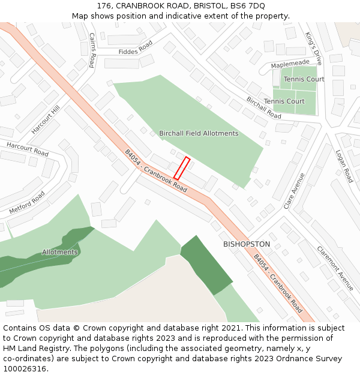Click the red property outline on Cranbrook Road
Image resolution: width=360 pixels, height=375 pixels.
[x=182, y=168]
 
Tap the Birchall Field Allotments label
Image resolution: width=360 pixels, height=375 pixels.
[x=199, y=133]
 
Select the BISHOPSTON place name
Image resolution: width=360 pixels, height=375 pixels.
[x=247, y=244]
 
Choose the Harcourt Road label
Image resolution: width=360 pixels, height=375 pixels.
[x=28, y=149]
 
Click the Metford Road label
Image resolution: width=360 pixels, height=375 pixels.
[x=27, y=203]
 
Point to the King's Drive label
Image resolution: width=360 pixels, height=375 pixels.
[x=314, y=49]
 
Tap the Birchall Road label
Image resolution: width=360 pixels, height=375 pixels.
[x=263, y=107]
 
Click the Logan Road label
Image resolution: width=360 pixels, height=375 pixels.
[x=344, y=166]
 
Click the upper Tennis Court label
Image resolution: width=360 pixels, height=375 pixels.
[x=304, y=79]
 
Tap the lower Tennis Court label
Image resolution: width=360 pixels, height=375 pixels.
[x=284, y=101]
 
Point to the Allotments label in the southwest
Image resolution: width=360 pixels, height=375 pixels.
[x=60, y=252]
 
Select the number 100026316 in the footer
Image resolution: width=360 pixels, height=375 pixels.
[x=26, y=369]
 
